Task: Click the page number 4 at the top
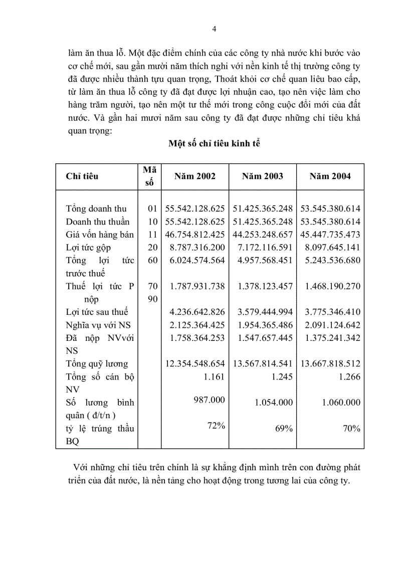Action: tap(215, 29)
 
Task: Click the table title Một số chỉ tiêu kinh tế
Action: tap(214, 143)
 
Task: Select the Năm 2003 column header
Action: tap(262, 176)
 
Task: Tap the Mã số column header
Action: tap(149, 176)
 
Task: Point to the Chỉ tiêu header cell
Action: tap(82, 176)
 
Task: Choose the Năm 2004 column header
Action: tap(330, 176)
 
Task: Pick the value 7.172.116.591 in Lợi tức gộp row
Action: tap(263, 247)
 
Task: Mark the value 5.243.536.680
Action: tap(330, 260)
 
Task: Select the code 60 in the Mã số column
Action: tap(153, 260)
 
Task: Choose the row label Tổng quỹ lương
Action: tap(97, 364)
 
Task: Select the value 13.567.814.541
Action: tap(263, 364)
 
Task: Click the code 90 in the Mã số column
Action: tap(153, 299)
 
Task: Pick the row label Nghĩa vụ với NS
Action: tap(98, 325)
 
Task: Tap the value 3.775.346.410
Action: tap(330, 312)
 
